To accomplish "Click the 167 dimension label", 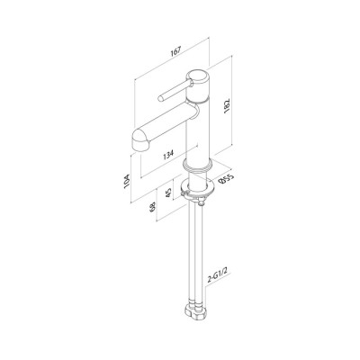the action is pos(175,51).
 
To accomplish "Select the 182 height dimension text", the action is pos(227,105).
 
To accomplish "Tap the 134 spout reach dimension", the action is pos(168,155).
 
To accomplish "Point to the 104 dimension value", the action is pos(127,181).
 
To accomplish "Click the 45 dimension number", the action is pos(168,193).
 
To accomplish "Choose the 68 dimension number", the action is pos(153,207).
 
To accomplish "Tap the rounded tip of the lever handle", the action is pos(161,97).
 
